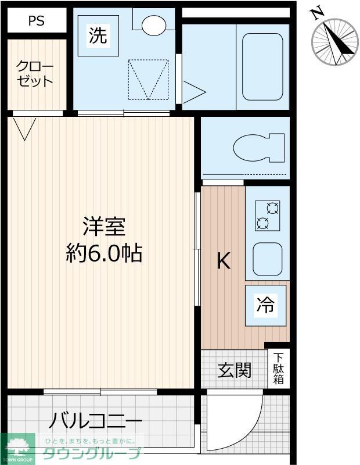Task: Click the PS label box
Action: click(x=37, y=22)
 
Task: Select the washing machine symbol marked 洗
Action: click(x=98, y=36)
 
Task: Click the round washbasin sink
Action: click(x=154, y=25)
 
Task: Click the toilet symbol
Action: click(x=259, y=148)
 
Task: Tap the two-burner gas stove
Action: click(x=267, y=215)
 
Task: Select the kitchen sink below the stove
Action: click(x=267, y=259)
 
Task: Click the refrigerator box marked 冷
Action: click(x=266, y=305)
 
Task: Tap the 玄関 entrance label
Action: click(x=235, y=370)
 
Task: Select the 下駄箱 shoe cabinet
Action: click(x=279, y=369)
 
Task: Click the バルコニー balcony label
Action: click(x=96, y=420)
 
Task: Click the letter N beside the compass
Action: click(x=317, y=12)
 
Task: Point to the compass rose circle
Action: click(x=335, y=42)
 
